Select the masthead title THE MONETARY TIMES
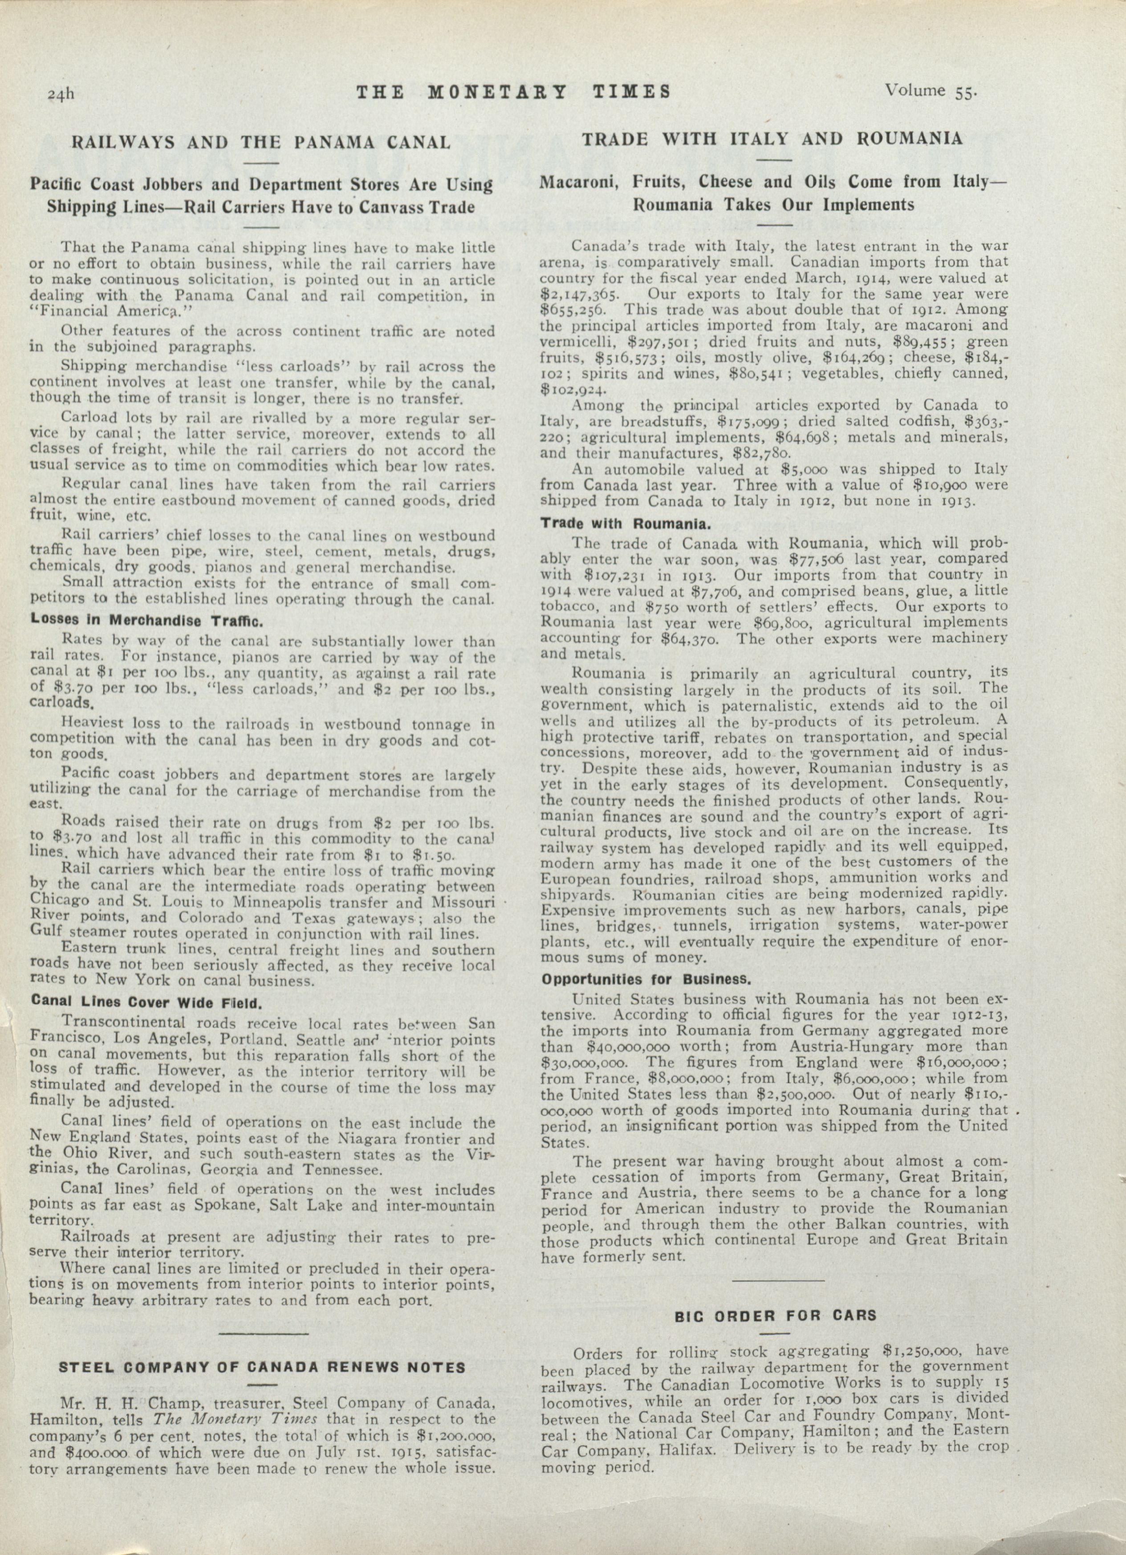point(514,92)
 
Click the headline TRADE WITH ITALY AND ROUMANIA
point(772,139)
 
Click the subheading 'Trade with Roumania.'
point(624,523)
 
